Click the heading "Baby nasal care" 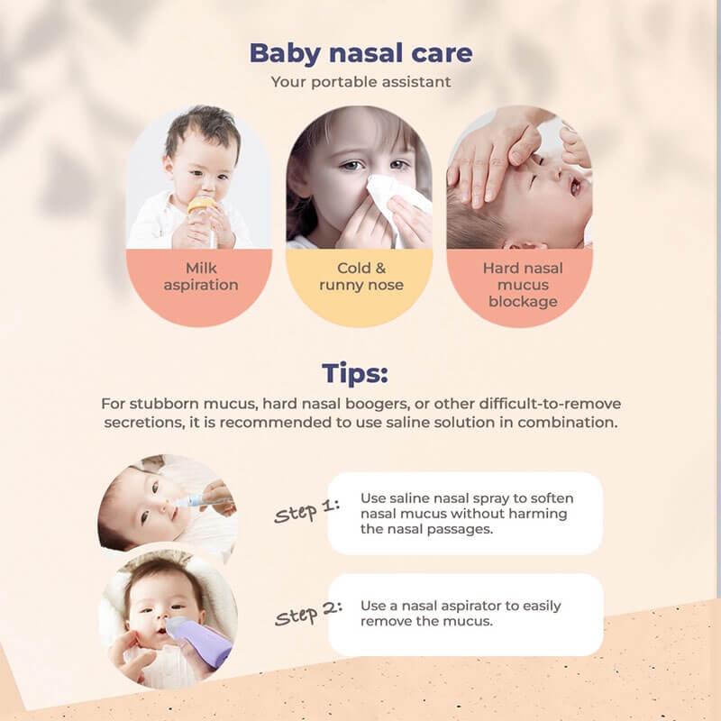360,52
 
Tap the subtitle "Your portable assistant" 360,82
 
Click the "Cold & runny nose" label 360,276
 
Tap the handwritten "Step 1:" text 307,512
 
